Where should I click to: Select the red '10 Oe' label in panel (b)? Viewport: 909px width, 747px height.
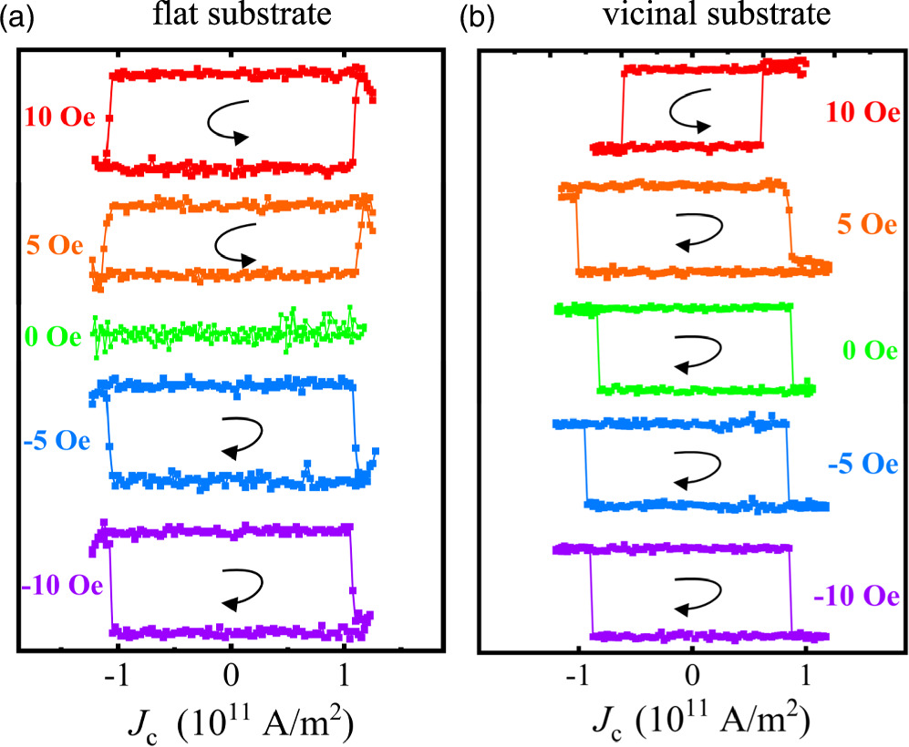pos(858,113)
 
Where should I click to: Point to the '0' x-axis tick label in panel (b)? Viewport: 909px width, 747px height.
pos(694,679)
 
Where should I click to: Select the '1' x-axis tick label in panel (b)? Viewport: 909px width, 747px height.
pos(806,679)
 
